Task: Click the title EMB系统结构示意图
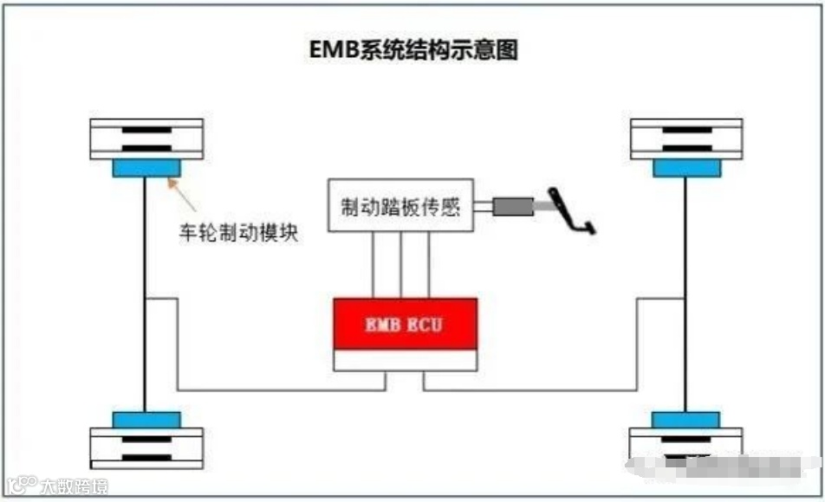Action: [413, 50]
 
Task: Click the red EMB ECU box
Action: [406, 324]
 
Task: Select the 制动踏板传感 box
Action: [400, 206]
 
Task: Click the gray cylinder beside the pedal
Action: [512, 207]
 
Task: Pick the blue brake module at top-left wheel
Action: [146, 168]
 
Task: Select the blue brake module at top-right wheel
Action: [685, 168]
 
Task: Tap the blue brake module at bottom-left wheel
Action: [146, 420]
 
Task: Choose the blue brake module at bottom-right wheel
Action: [685, 420]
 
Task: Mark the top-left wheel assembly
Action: [146, 138]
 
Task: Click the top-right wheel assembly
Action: [685, 138]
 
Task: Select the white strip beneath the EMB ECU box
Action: [406, 361]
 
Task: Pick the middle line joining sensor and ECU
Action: [402, 264]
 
